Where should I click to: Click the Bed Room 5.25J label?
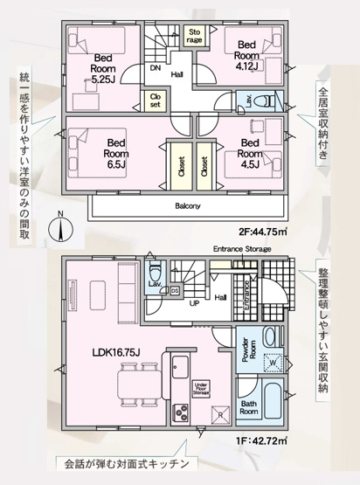point(104,67)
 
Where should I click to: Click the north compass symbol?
point(59,229)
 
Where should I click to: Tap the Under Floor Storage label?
point(201,387)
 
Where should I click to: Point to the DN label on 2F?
point(155,67)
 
